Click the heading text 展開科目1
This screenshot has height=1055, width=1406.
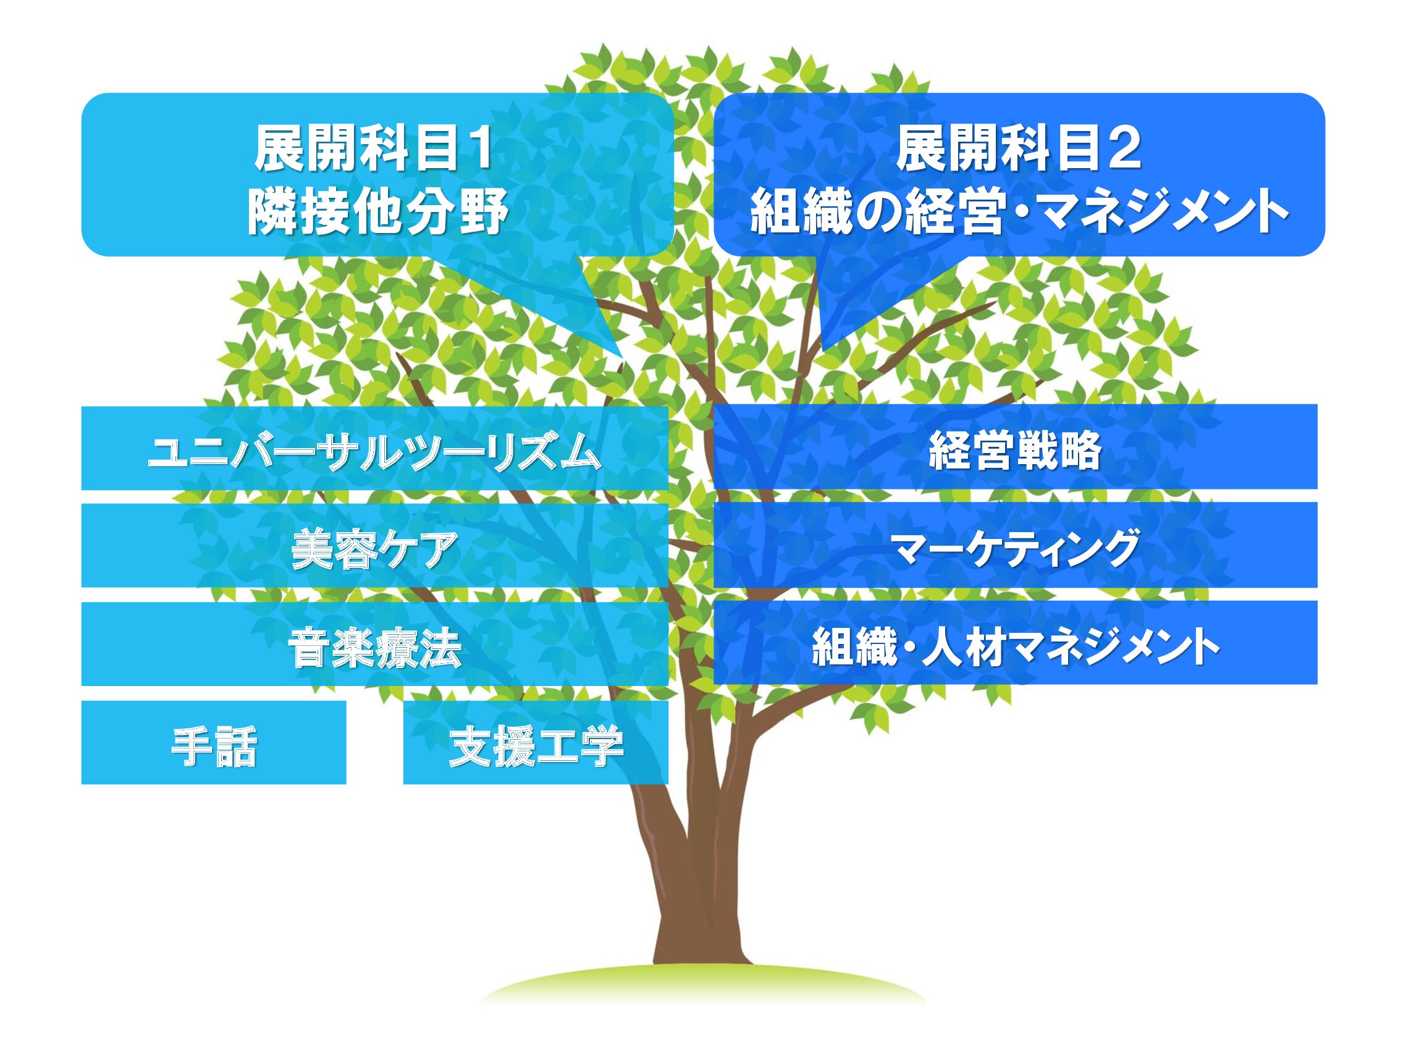pos(374,148)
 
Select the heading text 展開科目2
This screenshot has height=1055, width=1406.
pos(1018,148)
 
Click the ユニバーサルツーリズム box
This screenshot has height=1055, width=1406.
pos(375,447)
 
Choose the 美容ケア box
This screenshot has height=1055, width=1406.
pos(375,545)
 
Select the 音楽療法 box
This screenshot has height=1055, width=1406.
pos(375,643)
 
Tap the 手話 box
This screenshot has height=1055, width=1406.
pos(214,742)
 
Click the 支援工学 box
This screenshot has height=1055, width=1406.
pos(536,742)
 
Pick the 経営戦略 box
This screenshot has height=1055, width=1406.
pos(1015,446)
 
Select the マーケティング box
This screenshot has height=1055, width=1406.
pos(1015,545)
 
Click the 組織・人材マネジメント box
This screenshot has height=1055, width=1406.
pos(1015,642)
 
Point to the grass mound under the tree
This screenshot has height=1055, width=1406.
pos(702,985)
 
